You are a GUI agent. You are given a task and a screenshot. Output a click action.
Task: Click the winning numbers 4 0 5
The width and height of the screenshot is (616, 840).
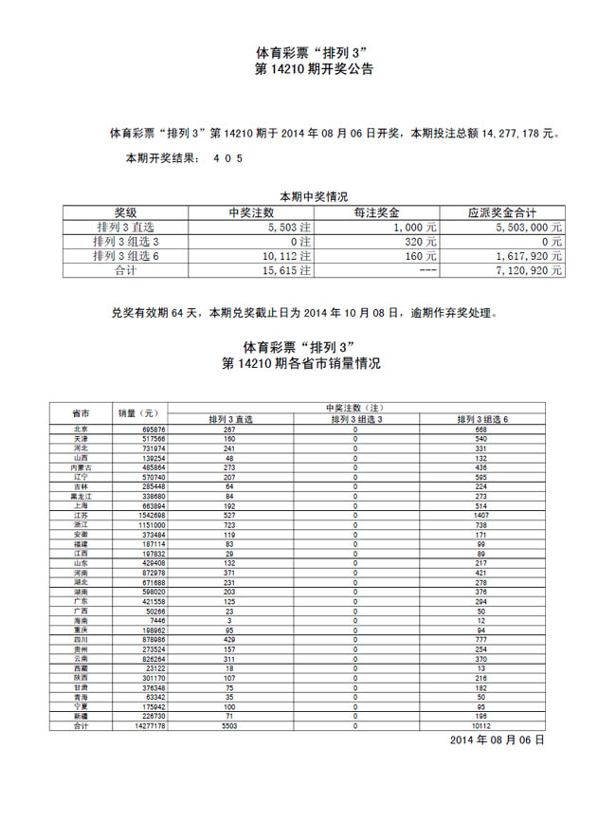[x=227, y=158]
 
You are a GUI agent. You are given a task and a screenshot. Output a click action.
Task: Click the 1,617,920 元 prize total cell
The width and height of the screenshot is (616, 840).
[x=530, y=256]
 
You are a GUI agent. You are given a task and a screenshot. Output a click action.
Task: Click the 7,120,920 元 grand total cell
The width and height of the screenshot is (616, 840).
[x=530, y=270]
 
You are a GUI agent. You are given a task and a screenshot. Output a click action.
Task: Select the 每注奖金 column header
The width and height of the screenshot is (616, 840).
[x=376, y=213]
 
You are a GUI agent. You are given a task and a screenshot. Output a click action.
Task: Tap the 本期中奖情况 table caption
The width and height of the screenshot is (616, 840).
[x=314, y=196]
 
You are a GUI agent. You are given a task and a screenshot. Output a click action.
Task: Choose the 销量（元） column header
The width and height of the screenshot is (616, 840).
[x=136, y=413]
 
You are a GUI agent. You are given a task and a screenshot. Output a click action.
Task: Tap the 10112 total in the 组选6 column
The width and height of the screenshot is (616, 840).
[x=480, y=725]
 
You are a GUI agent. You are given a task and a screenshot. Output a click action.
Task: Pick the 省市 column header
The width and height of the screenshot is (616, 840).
[x=82, y=413]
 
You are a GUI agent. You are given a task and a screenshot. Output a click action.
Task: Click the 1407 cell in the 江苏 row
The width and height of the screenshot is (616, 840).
[x=480, y=515]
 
